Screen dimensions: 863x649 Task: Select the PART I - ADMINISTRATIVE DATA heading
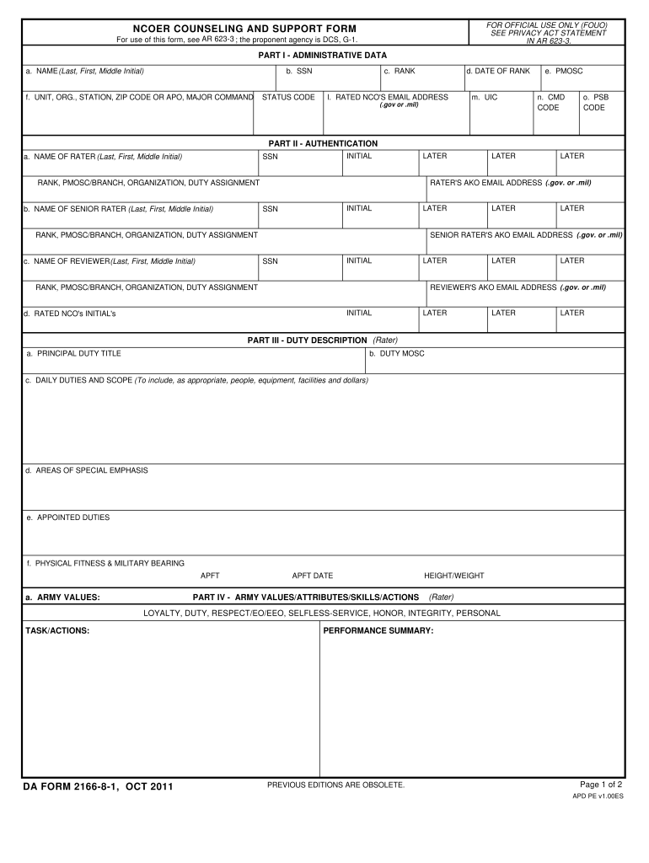pos(323,55)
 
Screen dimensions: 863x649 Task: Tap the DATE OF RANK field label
pos(498,71)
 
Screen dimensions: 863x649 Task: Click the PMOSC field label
pos(564,71)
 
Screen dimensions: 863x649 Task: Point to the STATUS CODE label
pos(288,97)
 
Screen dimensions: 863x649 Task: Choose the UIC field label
pos(485,97)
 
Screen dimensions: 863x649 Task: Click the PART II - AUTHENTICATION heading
pos(323,143)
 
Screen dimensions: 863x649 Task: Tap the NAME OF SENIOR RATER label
pos(118,209)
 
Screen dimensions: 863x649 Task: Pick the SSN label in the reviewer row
pos(270,261)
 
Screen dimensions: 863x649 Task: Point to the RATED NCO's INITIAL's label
pos(70,314)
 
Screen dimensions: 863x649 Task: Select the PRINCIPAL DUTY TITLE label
pos(73,353)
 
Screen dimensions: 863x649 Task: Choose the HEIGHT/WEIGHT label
pos(454,576)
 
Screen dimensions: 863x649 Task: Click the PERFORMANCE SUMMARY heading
pos(378,630)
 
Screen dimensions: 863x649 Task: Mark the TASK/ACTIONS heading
pos(57,630)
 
